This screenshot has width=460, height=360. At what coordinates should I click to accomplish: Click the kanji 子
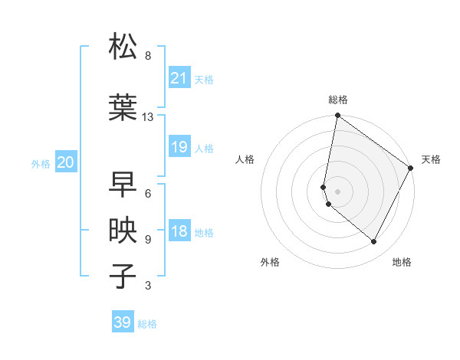click(123, 276)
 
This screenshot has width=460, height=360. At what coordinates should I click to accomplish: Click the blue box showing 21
click(179, 78)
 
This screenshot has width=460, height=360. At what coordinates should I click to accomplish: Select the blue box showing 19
click(179, 147)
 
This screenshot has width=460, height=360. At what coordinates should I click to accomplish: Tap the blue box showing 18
click(179, 232)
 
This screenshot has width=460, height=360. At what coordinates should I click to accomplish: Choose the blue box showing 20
click(66, 162)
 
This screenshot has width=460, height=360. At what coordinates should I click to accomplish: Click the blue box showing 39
click(123, 322)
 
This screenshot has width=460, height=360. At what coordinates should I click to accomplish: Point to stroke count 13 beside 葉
click(148, 117)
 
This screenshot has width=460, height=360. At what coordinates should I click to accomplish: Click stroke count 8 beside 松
click(148, 56)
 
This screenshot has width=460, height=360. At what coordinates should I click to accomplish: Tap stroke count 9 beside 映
click(148, 240)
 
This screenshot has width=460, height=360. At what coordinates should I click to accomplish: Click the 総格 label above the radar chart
click(338, 100)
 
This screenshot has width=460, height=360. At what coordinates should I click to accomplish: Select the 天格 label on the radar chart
click(431, 159)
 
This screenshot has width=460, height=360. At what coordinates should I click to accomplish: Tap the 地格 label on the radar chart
click(402, 262)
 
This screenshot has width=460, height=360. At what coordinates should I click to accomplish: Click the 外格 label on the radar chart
click(270, 262)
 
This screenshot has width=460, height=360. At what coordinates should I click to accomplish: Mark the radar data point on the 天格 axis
click(411, 168)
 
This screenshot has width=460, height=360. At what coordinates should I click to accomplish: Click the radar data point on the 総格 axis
click(337, 116)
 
